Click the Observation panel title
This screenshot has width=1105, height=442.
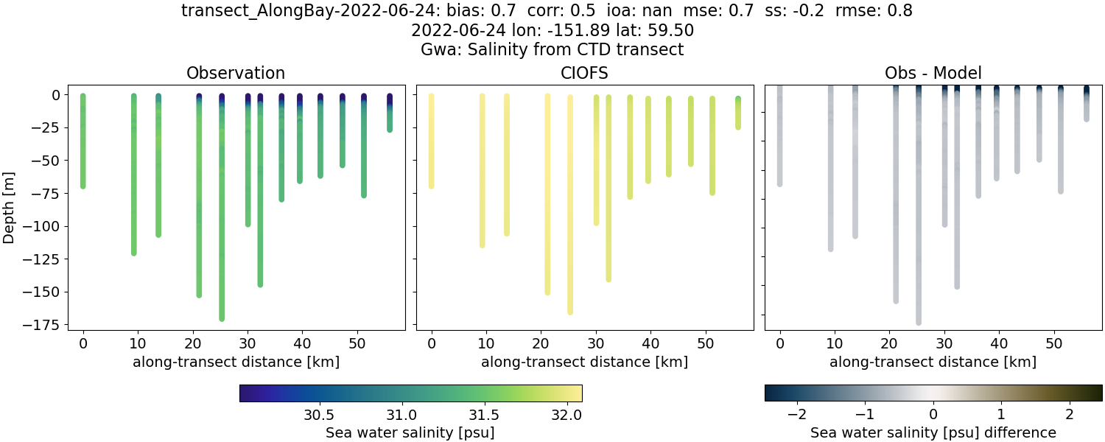tap(236, 73)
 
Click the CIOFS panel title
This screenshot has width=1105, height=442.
tap(584, 73)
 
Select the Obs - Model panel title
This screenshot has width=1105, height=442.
tap(933, 73)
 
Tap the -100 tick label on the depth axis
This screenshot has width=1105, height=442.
tap(46, 226)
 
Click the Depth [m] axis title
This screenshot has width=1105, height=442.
tap(10, 206)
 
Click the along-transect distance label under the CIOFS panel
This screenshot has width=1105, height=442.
tap(584, 362)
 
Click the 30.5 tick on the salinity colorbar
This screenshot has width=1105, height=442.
tap(320, 414)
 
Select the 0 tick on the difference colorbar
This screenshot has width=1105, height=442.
tap(933, 414)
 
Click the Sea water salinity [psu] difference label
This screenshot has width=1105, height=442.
tap(933, 432)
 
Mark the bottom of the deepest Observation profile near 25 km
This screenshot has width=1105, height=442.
tap(222, 318)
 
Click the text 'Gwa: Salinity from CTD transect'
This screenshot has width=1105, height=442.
tap(552, 50)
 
